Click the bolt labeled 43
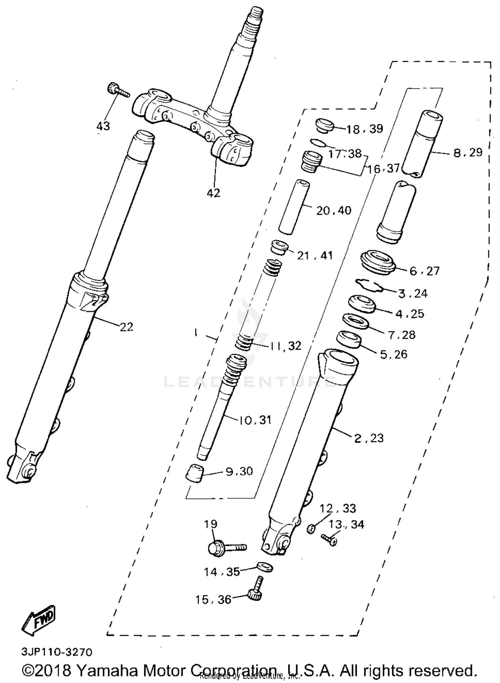(117, 90)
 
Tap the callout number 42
(213, 193)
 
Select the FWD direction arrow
(38, 620)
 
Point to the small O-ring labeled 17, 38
(318, 143)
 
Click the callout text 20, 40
(333, 210)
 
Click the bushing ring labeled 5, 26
(349, 340)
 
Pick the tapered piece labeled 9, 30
(195, 473)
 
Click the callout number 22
(126, 327)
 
